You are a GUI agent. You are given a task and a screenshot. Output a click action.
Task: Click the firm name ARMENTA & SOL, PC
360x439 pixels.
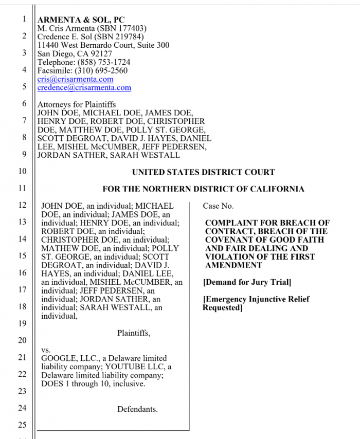coord(81,20)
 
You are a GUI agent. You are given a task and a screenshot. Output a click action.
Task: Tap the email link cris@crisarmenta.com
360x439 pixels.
coord(75,79)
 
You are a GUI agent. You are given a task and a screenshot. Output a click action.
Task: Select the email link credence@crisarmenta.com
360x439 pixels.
coord(84,87)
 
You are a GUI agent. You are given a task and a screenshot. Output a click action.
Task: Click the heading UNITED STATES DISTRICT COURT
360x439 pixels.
coord(203,172)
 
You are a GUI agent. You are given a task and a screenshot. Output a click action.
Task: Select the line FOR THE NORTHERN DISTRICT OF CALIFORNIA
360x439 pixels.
coord(203,189)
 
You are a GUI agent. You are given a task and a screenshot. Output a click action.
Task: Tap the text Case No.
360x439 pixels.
coord(218,206)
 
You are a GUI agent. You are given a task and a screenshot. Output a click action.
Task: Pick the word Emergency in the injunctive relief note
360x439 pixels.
coord(228,299)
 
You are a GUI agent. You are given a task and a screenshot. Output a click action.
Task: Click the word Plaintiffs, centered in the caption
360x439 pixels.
coord(134,333)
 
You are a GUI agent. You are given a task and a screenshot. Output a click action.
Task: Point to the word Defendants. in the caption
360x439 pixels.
coord(137,409)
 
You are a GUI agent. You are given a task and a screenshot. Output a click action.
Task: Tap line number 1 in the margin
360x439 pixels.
coord(24,20)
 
